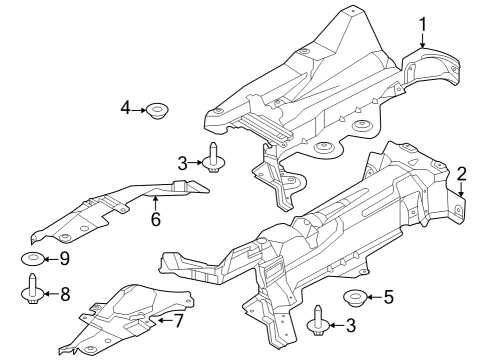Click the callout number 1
(x=422, y=22)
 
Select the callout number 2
(x=461, y=171)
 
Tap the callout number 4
(x=126, y=107)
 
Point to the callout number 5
(x=389, y=296)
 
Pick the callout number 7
(x=179, y=321)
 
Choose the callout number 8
(x=66, y=294)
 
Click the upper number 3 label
(x=183, y=162)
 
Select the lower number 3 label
(x=349, y=325)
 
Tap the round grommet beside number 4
(x=156, y=109)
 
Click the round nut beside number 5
(x=355, y=297)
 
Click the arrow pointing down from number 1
(x=422, y=40)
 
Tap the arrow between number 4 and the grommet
(x=140, y=108)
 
